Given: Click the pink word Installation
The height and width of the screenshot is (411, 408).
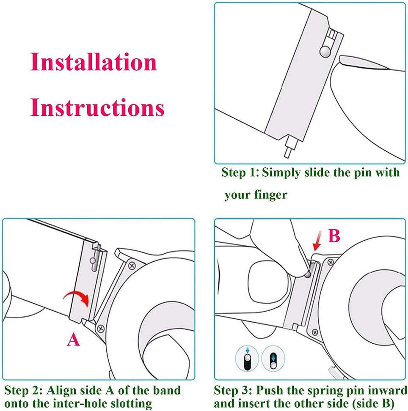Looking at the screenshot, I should tap(94, 62).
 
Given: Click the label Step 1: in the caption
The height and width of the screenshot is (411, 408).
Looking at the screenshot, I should tap(240, 173).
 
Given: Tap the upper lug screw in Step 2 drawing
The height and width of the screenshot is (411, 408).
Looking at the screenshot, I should tap(132, 266).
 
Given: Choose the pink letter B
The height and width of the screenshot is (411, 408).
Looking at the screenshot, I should tap(334, 236).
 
